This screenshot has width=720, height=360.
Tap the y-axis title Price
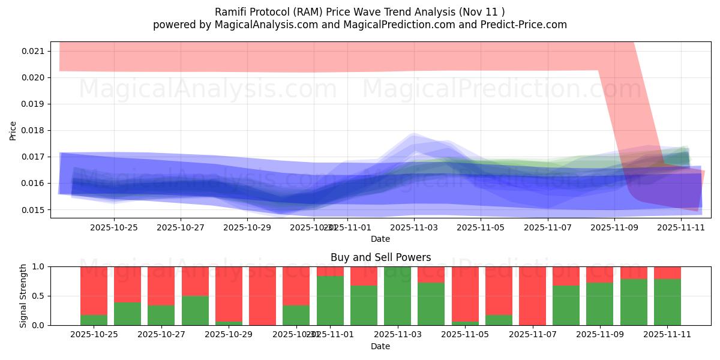click(x=13, y=130)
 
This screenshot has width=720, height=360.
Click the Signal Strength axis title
click(x=23, y=296)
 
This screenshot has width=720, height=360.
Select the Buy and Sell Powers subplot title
click(x=380, y=257)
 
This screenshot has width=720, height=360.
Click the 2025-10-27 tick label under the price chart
click(x=181, y=227)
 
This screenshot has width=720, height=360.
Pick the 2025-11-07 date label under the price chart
click(x=548, y=227)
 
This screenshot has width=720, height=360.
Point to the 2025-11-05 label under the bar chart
click(x=466, y=334)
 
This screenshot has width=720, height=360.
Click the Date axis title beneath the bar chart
click(x=380, y=346)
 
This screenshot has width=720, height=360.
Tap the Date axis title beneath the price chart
click(x=380, y=239)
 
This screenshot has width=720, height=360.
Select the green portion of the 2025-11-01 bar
click(x=330, y=300)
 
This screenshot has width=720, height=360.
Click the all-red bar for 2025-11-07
click(x=533, y=296)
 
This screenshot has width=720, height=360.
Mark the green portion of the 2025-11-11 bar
click(x=667, y=302)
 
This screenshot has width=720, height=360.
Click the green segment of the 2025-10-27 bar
click(x=161, y=315)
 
